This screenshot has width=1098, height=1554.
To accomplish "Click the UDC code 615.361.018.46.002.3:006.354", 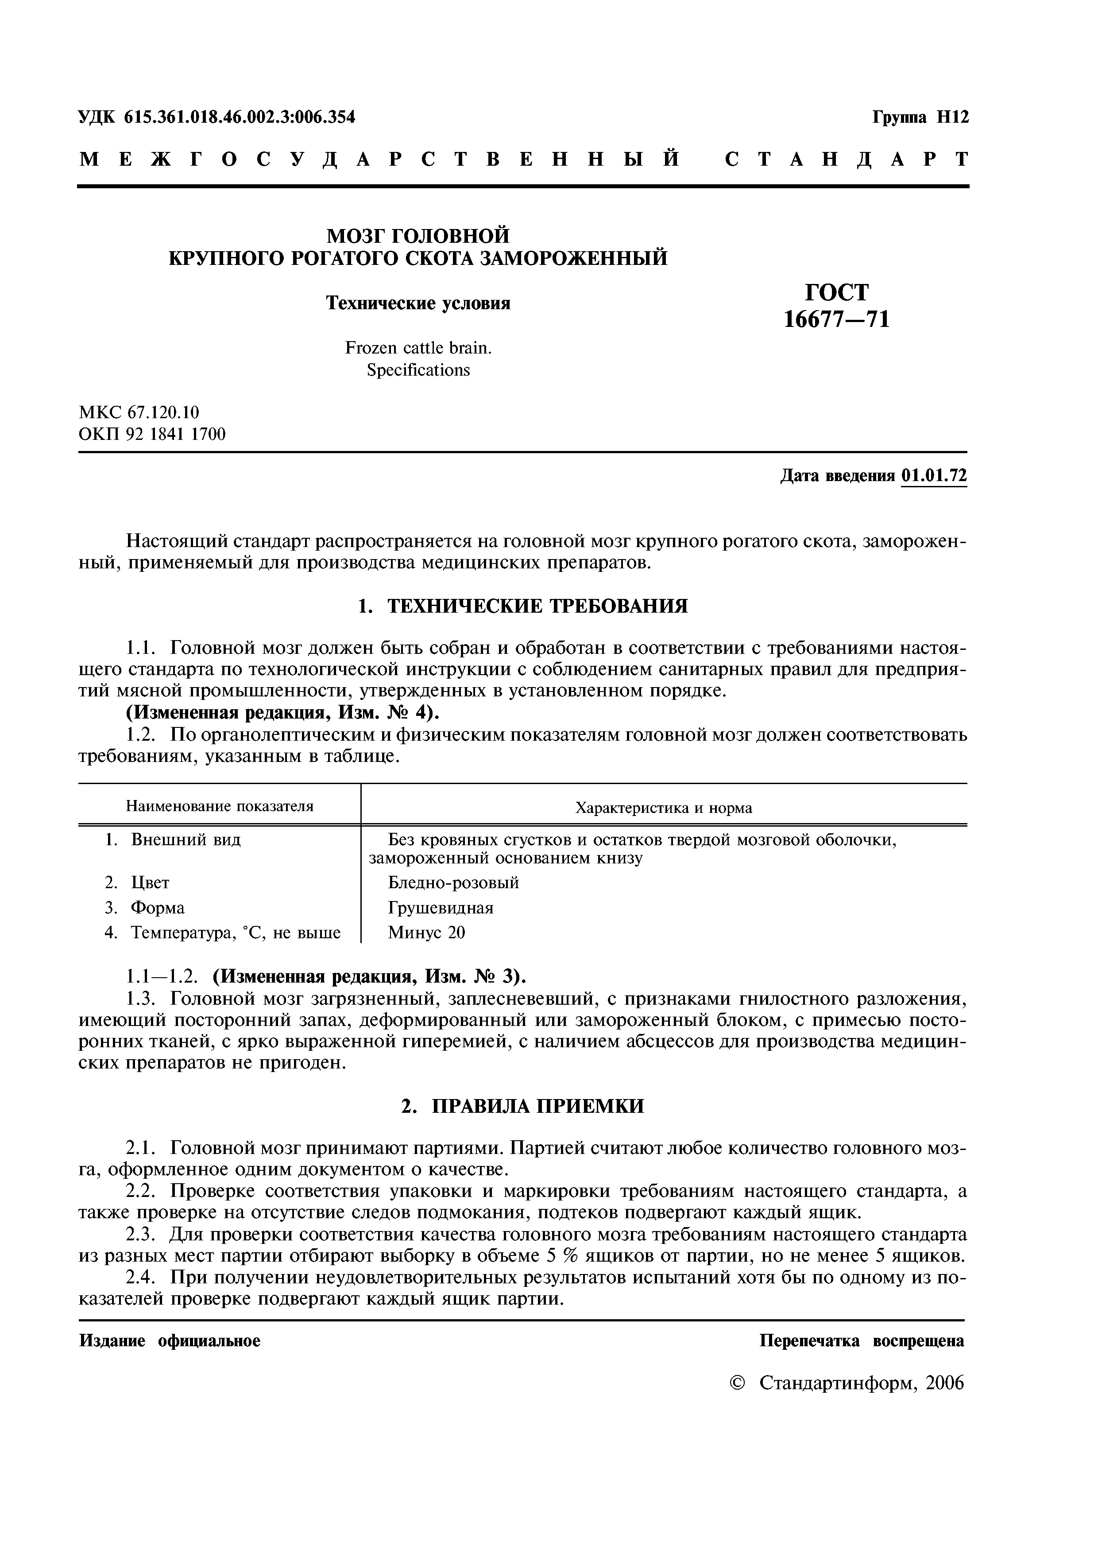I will tap(240, 118).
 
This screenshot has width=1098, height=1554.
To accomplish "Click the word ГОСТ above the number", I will tap(836, 292).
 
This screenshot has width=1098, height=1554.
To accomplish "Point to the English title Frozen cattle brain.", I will tap(418, 348).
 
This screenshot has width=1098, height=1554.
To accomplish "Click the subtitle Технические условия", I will tap(418, 303).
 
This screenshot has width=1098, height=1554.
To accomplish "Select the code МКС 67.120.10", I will tap(139, 412).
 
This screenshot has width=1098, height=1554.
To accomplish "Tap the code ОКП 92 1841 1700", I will tap(152, 434).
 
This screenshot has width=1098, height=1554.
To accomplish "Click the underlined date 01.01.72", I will tap(934, 476).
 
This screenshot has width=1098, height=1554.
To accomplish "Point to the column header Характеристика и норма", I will tap(663, 808).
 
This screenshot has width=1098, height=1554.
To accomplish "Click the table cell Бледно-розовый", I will tap(453, 882).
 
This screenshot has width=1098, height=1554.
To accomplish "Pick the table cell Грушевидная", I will tap(441, 908).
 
